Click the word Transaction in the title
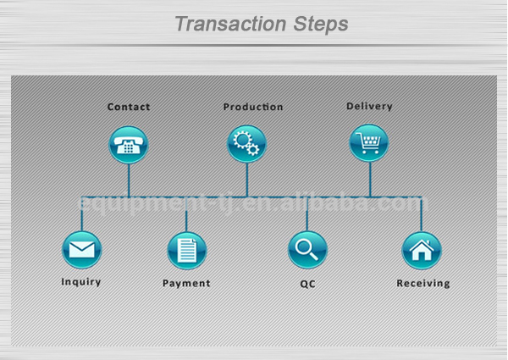click(x=230, y=24)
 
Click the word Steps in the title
click(x=321, y=25)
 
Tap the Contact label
click(x=129, y=107)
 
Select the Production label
click(x=253, y=107)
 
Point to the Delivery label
click(x=369, y=106)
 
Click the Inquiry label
click(x=81, y=281)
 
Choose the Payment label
click(x=186, y=283)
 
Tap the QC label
click(x=307, y=284)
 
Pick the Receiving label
click(x=423, y=283)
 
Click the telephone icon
click(x=129, y=145)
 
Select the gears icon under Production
click(x=247, y=144)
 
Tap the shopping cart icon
click(x=369, y=143)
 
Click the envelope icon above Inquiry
click(x=81, y=250)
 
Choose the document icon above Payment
click(x=187, y=251)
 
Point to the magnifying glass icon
click(x=307, y=250)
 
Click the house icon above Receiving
click(x=422, y=251)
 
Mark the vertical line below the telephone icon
click(x=129, y=180)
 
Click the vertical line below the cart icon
click(x=370, y=180)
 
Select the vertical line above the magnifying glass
click(x=307, y=213)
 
